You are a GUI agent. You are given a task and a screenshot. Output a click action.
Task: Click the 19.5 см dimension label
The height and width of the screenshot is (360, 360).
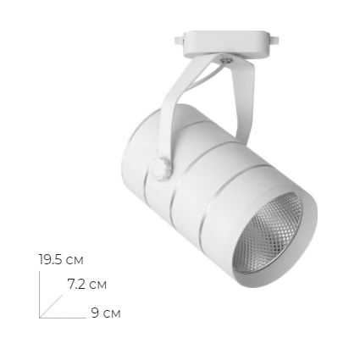(61, 260)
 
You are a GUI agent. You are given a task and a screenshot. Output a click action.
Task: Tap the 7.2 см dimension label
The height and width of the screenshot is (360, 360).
(87, 284)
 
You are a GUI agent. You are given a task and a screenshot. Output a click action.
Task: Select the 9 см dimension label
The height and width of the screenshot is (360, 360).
(106, 313)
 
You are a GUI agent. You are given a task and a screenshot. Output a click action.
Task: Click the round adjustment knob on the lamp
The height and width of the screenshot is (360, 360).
(160, 169)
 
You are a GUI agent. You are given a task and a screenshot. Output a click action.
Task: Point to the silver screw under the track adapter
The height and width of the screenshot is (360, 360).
(226, 59)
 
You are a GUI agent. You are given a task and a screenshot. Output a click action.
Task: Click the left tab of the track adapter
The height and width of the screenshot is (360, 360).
(179, 40)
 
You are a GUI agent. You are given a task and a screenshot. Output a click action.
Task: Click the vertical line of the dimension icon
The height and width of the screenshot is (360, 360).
(39, 295)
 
